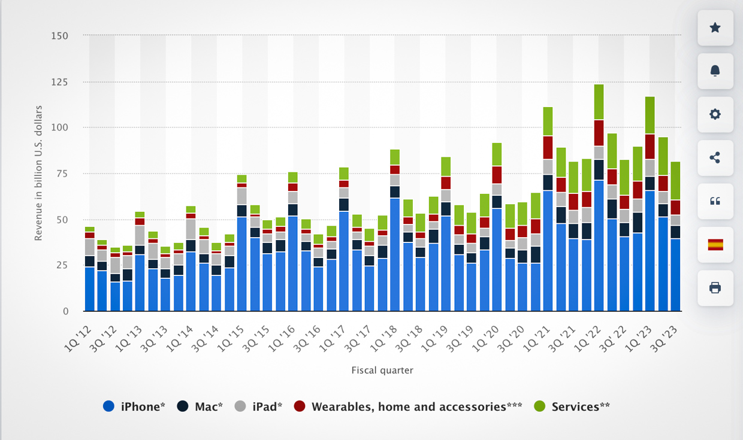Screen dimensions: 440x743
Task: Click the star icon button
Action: [x=715, y=28]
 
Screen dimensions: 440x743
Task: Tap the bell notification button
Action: [x=715, y=71]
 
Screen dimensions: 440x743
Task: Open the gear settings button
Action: [x=715, y=114]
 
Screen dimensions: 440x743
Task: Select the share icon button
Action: [x=715, y=158]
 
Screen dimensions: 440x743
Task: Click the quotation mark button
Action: [x=715, y=201]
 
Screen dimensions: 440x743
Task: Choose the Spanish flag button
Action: [x=715, y=244]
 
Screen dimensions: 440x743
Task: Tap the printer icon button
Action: [x=715, y=288]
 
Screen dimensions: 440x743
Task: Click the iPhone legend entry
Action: [x=135, y=406]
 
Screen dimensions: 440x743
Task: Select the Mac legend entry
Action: [x=200, y=406]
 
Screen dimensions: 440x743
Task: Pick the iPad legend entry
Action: [x=259, y=406]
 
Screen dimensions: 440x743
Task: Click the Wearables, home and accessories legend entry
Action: [x=409, y=406]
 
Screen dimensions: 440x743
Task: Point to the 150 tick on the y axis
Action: [x=60, y=36]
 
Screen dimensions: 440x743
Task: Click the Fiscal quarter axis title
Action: [x=382, y=371]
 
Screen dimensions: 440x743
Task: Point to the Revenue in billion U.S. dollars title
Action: [x=38, y=173]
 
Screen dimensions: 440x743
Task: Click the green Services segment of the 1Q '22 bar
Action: [x=599, y=102]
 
